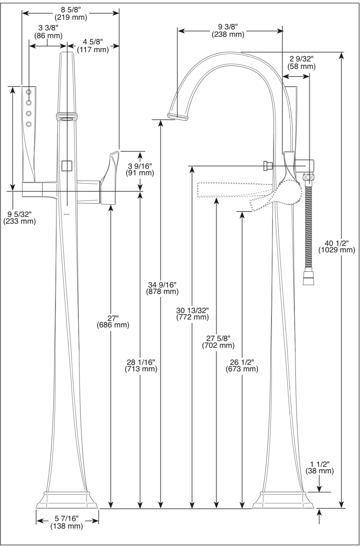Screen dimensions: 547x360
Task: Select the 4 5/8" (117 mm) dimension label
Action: pyautogui.click(x=93, y=46)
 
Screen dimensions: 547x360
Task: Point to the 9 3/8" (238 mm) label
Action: pyautogui.click(x=228, y=31)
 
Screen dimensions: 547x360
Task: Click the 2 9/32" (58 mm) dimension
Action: pyautogui.click(x=302, y=63)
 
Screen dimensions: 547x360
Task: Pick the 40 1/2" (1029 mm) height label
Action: pyautogui.click(x=336, y=246)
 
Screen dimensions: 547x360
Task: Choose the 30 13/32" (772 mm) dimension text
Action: pyautogui.click(x=192, y=313)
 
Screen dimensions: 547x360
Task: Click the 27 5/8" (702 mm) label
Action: pyautogui.click(x=218, y=341)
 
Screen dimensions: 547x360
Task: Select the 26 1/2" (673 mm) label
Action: pyautogui.click(x=242, y=365)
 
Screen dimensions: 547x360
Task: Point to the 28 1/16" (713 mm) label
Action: pyautogui.click(x=141, y=365)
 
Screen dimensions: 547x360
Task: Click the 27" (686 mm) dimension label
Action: pyautogui.click(x=113, y=321)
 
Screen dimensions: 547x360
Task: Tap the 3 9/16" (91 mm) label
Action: pyautogui.click(x=140, y=169)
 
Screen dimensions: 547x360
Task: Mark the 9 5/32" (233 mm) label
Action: pyautogui.click(x=19, y=218)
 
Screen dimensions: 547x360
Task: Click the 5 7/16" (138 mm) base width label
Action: pyautogui.click(x=67, y=522)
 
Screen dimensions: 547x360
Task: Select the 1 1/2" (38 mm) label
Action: pyautogui.click(x=319, y=468)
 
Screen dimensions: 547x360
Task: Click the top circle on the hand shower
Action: pyautogui.click(x=29, y=92)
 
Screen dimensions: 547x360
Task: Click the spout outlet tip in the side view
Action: pyautogui.click(x=178, y=117)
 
